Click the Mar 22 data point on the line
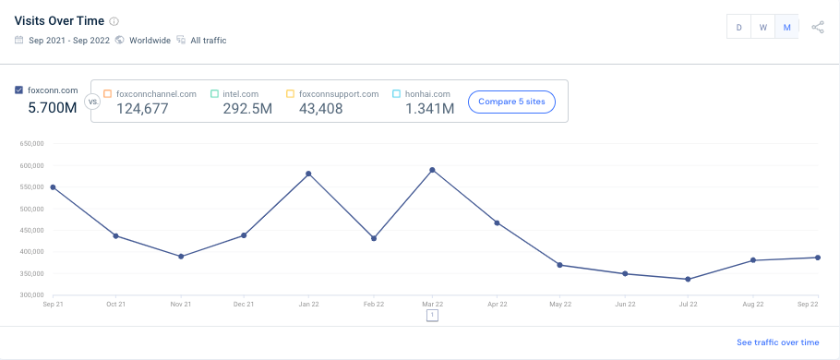click(x=432, y=170)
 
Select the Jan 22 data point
click(x=307, y=174)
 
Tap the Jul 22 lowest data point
click(x=688, y=279)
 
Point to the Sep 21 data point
click(x=53, y=187)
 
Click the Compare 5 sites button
click(x=511, y=102)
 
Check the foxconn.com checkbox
click(x=19, y=90)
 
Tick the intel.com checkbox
click(x=214, y=94)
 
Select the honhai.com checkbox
click(x=396, y=94)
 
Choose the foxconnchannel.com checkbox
click(x=108, y=94)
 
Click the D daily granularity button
click(x=738, y=28)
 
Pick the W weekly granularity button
click(x=763, y=28)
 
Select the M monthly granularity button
click(x=787, y=28)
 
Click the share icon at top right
click(x=818, y=28)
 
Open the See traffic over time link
click(x=777, y=342)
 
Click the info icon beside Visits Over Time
click(x=114, y=21)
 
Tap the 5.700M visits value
click(x=52, y=108)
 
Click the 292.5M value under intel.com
click(x=247, y=109)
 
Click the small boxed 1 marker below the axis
click(x=432, y=316)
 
